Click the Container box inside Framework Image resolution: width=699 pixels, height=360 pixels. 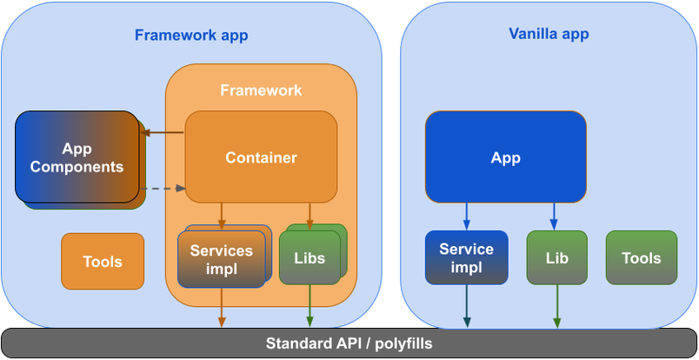tap(261, 157)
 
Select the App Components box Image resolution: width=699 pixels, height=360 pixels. tap(77, 157)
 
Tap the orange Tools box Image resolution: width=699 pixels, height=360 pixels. tap(103, 261)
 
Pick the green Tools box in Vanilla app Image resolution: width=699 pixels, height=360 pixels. tap(642, 258)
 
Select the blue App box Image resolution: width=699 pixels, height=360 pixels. tap(505, 157)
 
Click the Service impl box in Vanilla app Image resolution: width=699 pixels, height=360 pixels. tap(466, 258)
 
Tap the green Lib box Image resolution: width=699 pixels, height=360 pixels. tap(556, 258)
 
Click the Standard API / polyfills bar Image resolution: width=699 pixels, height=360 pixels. tap(349, 343)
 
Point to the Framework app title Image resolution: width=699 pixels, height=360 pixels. tap(191, 36)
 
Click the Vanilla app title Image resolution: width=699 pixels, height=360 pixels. tap(549, 34)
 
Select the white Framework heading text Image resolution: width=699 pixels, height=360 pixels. tap(261, 90)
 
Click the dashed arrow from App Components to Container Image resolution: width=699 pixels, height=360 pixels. tap(163, 188)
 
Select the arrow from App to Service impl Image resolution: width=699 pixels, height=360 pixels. tap(466, 217)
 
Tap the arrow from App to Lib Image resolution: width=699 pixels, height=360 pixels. tap(554, 217)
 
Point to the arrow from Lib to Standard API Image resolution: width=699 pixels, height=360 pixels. tap(556, 306)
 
